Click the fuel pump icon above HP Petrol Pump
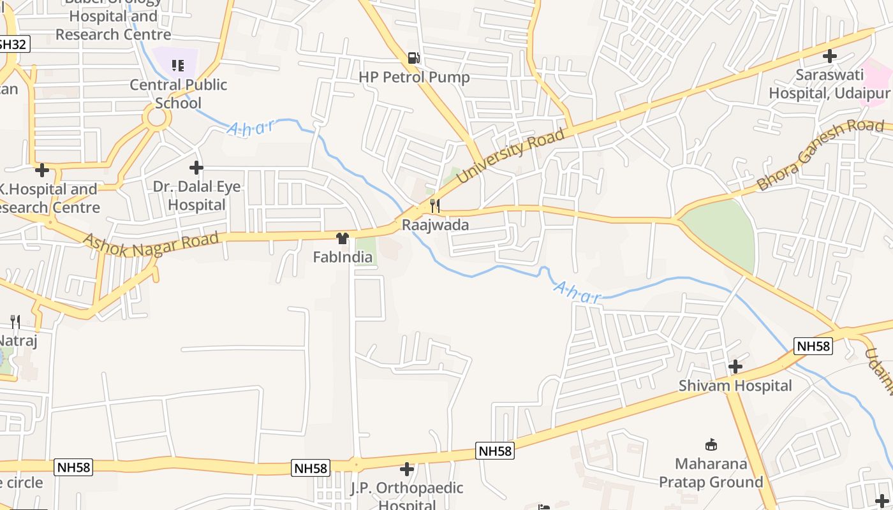pos(414,58)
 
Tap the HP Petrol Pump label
pos(414,77)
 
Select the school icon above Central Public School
pos(178,65)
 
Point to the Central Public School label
pos(179,94)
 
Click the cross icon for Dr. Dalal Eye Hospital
pos(196,168)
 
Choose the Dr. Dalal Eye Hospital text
pos(197,196)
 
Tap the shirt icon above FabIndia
pos(343,238)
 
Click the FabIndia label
pos(343,258)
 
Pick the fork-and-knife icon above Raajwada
pos(435,205)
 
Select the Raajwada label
pos(435,225)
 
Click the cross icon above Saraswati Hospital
pos(829,56)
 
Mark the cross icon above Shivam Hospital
pos(735,367)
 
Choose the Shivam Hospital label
pos(735,386)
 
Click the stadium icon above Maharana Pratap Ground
pos(711,444)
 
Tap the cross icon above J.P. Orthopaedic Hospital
pos(407,470)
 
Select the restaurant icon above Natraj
pos(15,322)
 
